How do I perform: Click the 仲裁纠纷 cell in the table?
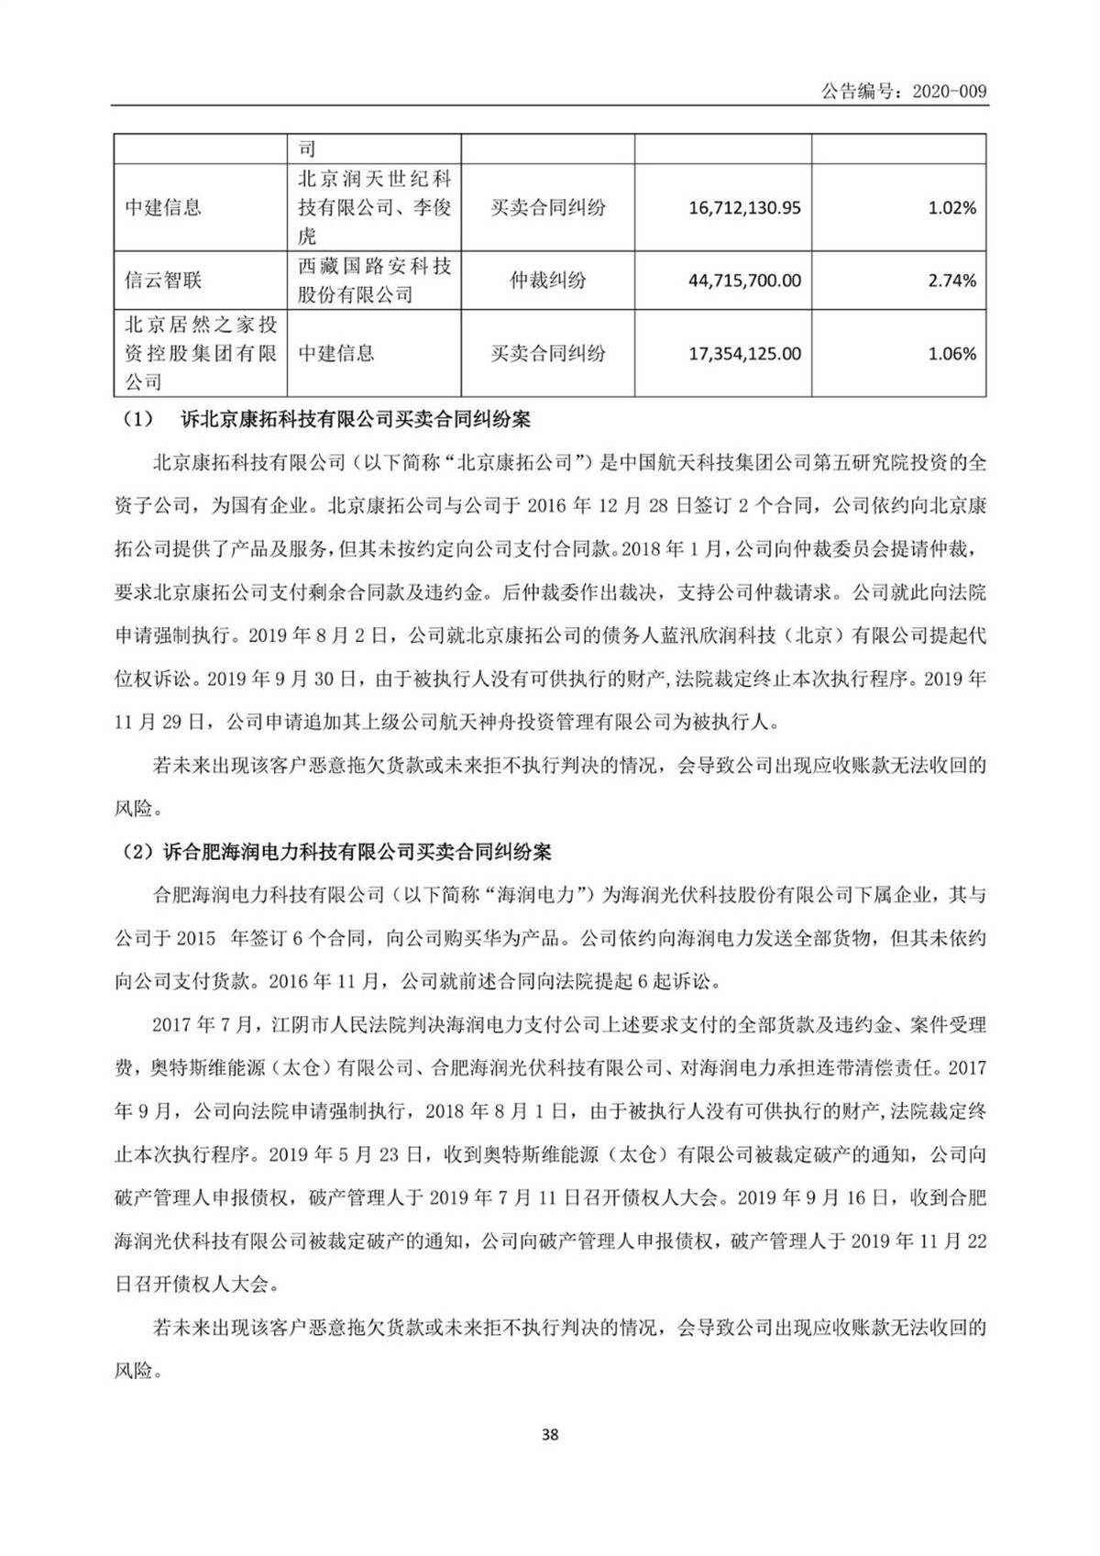(x=547, y=280)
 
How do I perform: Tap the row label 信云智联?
(x=162, y=280)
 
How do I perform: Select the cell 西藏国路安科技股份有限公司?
(x=374, y=280)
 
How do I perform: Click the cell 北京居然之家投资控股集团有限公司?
(x=200, y=353)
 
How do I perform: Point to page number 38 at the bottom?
(x=550, y=1435)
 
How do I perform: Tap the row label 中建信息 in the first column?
(x=162, y=208)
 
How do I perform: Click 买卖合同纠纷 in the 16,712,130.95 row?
(x=547, y=208)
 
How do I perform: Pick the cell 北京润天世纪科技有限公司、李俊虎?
(x=374, y=207)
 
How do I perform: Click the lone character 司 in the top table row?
(x=306, y=149)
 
